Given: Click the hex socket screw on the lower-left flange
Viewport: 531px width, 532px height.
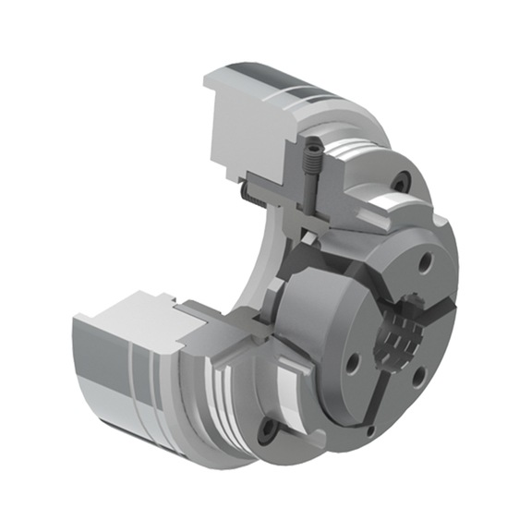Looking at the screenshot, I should pyautogui.click(x=268, y=428).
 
